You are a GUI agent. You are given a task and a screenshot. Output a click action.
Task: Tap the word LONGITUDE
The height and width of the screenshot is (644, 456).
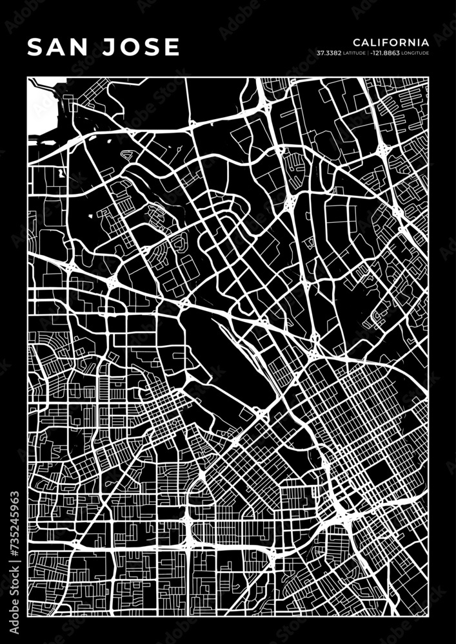point(415,53)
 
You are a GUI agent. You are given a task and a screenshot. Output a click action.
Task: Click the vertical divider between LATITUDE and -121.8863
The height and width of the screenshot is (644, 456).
point(368,53)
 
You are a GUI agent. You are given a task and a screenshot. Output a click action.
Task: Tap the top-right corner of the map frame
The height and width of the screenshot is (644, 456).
point(428,77)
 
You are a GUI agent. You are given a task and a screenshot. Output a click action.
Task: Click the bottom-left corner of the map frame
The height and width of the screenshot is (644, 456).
point(28,616)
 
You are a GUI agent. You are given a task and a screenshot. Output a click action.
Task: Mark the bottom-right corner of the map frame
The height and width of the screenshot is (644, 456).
point(428,616)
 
